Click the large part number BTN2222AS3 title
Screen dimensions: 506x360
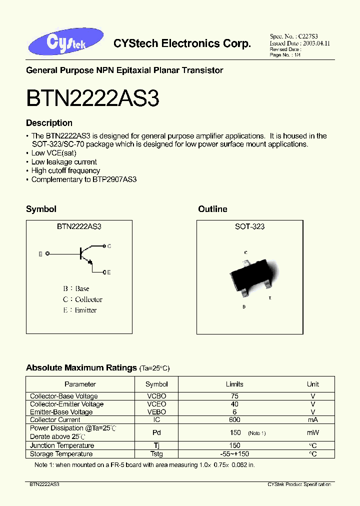pos(92,98)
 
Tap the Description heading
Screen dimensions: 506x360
pos(49,123)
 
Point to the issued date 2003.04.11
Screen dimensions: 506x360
pos(313,43)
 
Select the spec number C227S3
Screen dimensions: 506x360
pos(308,37)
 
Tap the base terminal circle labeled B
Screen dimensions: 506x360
pos(47,254)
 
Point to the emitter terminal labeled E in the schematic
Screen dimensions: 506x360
pos(104,272)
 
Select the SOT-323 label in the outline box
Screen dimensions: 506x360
pos(249,226)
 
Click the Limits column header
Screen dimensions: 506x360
pos(234,384)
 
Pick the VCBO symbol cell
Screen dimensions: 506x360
pos(156,396)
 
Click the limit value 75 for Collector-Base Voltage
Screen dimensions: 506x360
pos(234,396)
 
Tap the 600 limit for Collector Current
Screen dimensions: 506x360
pos(234,420)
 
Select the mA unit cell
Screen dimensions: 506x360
pos(312,420)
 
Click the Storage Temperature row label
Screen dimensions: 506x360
pos(61,454)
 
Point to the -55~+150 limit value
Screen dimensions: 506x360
pos(234,454)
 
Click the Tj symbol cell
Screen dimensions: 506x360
pos(156,445)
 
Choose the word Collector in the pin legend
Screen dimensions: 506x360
pos(88,299)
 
